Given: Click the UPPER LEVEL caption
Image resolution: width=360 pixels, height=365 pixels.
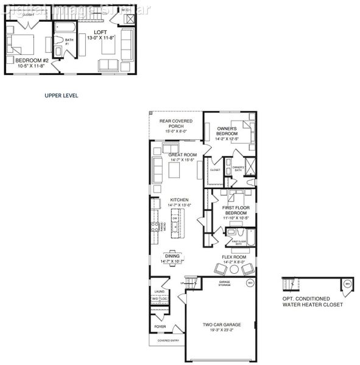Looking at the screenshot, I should click(x=62, y=96).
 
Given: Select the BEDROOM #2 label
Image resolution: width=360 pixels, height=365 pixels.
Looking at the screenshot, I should click(x=28, y=61).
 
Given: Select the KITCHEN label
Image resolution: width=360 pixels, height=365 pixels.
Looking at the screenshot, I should click(x=179, y=200).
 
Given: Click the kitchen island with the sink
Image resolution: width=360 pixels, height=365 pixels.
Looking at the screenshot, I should click(x=174, y=226).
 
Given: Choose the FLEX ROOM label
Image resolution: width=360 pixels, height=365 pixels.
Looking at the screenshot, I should click(x=234, y=257).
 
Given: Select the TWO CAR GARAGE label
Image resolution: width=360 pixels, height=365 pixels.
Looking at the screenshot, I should click(x=220, y=324).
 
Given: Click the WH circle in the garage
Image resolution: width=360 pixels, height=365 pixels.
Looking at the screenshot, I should click(x=249, y=283).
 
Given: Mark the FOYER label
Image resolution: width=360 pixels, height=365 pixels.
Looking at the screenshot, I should click(x=160, y=327).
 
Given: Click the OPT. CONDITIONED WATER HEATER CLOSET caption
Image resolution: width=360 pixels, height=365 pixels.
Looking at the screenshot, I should click(x=312, y=302).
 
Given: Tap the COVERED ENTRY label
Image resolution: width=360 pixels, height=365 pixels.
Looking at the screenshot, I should click(x=168, y=341).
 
